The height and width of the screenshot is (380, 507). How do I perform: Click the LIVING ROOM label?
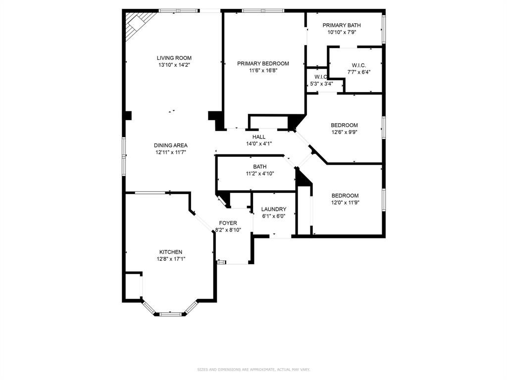coord(174,58)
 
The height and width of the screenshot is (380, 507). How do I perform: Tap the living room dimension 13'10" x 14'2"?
coord(174,65)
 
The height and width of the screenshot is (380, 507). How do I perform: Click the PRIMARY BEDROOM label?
coord(263,63)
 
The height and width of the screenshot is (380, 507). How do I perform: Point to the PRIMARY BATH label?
coord(342,25)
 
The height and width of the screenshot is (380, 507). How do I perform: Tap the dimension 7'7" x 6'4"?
coord(359,72)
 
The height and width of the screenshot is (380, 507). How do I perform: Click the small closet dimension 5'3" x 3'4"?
coord(321,84)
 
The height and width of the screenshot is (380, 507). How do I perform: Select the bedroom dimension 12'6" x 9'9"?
coord(344,132)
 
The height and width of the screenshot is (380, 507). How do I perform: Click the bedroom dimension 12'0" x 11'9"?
coord(345,202)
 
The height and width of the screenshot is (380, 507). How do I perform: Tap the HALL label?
coord(259,137)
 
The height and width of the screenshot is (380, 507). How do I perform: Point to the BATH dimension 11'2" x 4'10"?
coord(260,174)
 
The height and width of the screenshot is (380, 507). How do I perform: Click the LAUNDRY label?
coord(274,209)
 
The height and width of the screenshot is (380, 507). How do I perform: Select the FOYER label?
coord(228,223)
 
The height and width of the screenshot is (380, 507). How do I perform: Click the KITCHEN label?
coord(171,252)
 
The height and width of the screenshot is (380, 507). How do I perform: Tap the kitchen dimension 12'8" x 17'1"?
coord(171,259)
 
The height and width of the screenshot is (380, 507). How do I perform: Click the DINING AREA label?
coord(171,145)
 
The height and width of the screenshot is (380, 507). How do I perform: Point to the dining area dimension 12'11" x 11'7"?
coord(171,152)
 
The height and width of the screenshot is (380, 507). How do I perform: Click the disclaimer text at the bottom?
coord(253,370)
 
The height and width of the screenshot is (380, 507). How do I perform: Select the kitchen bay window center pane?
coord(170,313)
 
